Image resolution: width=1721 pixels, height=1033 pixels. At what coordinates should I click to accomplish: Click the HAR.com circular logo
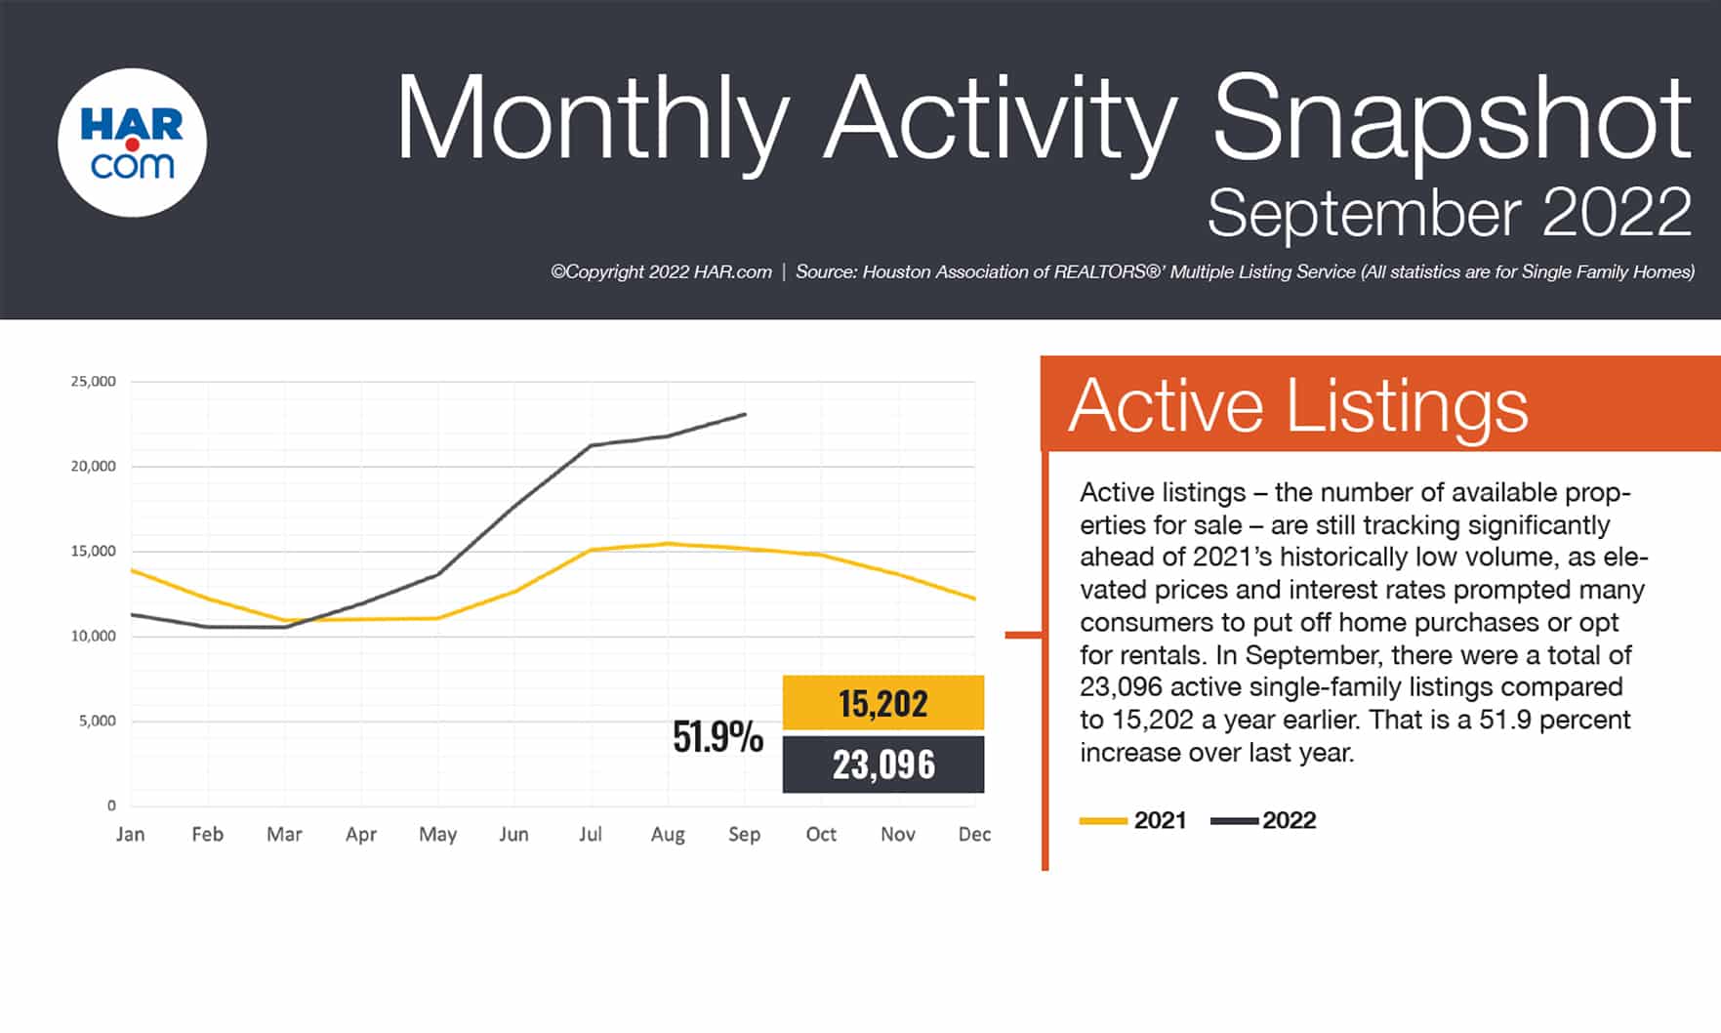point(133,143)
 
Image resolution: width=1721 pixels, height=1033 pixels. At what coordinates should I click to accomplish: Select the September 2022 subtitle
point(1450,212)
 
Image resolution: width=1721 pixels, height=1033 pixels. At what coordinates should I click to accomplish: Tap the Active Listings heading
point(1298,405)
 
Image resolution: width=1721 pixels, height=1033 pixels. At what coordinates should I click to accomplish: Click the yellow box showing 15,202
point(883,703)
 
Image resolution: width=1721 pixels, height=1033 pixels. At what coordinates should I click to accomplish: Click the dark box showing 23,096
point(883,764)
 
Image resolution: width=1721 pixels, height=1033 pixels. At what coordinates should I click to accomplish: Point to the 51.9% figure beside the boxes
point(717,737)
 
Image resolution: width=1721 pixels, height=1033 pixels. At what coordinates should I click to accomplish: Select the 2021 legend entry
point(1132,820)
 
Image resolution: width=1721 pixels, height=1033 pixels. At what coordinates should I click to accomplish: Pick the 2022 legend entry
point(1263,820)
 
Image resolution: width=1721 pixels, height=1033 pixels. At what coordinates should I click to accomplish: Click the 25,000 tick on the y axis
point(93,381)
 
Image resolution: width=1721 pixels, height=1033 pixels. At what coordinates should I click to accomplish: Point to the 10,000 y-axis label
point(93,636)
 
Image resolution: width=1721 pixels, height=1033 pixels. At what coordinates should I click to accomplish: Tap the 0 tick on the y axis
point(111,806)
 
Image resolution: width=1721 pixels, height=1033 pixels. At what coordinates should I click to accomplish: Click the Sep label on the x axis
point(744,835)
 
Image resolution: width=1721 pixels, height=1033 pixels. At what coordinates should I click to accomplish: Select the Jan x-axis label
point(130,834)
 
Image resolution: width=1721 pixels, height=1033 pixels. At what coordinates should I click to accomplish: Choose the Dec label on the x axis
point(974,834)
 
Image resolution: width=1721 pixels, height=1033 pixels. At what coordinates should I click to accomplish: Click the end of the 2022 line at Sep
point(745,414)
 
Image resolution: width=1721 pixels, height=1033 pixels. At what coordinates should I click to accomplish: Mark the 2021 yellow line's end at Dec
point(974,599)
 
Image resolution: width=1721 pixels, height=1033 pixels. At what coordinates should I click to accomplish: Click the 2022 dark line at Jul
point(591,445)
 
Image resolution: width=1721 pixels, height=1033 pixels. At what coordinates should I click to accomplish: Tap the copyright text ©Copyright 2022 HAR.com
point(661,272)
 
